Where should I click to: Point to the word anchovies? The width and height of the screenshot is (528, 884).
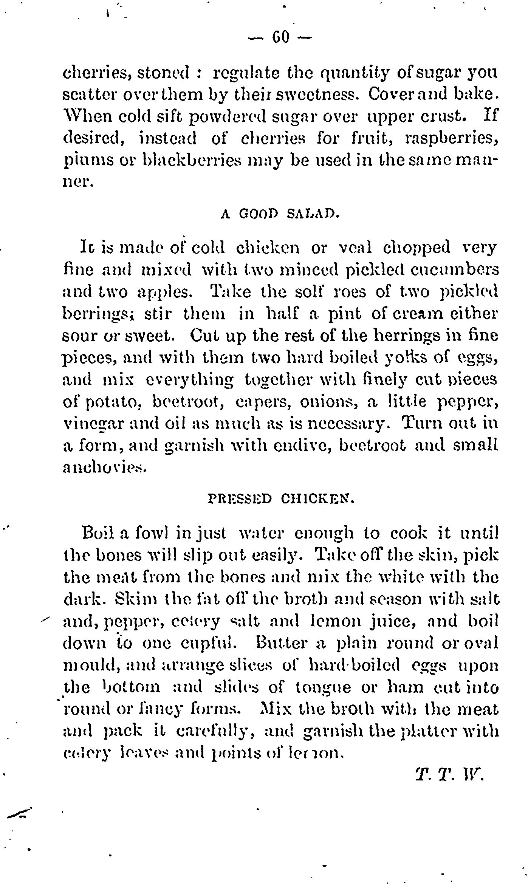[103, 468]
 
